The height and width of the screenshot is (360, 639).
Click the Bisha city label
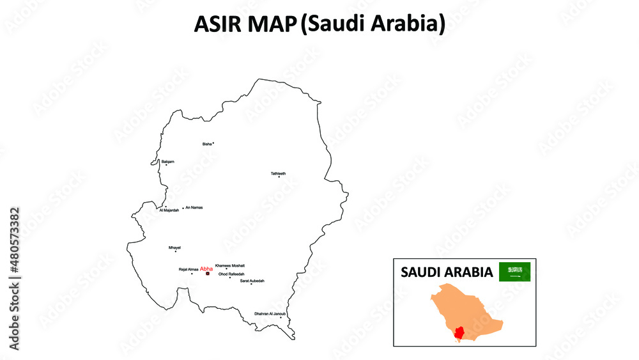click(x=206, y=144)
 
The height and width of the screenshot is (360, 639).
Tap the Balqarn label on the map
click(x=168, y=161)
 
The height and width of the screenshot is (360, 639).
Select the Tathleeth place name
click(x=278, y=173)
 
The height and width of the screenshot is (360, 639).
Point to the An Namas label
click(x=194, y=208)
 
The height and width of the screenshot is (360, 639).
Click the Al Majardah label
click(x=169, y=210)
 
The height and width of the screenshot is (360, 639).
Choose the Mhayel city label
click(x=174, y=247)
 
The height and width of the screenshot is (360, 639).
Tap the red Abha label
click(x=206, y=269)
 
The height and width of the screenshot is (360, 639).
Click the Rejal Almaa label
click(x=189, y=270)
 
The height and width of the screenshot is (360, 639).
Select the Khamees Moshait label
click(x=230, y=265)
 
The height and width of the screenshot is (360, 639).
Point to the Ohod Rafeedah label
click(x=231, y=274)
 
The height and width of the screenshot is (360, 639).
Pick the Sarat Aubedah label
click(x=252, y=281)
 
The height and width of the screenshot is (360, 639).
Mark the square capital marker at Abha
click(x=208, y=274)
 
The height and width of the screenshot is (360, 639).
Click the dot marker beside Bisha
click(x=213, y=143)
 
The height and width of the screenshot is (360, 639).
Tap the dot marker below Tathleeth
click(x=279, y=177)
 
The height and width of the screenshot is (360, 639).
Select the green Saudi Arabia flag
click(x=514, y=272)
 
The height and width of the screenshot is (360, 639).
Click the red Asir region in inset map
click(x=459, y=333)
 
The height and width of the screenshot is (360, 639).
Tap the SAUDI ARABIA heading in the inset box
click(x=447, y=272)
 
